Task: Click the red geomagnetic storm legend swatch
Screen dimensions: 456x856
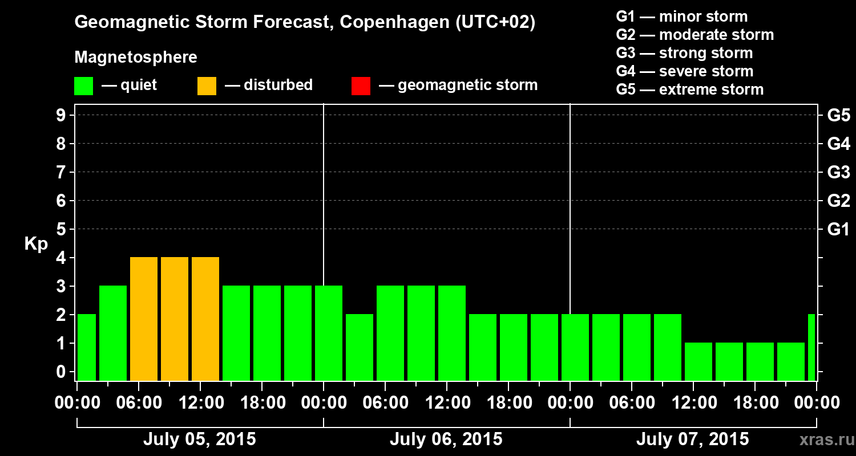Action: pyautogui.click(x=361, y=86)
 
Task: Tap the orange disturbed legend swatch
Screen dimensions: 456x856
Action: pyautogui.click(x=207, y=86)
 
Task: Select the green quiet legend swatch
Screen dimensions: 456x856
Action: pyautogui.click(x=83, y=86)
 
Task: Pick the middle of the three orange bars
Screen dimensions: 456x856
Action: pyautogui.click(x=175, y=319)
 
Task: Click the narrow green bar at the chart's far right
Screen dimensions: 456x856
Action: pyautogui.click(x=811, y=347)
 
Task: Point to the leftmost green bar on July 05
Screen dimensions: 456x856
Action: pyautogui.click(x=86, y=347)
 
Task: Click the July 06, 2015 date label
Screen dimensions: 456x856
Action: pyautogui.click(x=446, y=439)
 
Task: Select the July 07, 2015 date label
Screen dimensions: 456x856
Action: pyautogui.click(x=692, y=439)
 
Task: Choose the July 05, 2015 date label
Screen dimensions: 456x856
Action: pyautogui.click(x=199, y=439)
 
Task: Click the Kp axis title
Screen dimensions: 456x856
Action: pyautogui.click(x=35, y=244)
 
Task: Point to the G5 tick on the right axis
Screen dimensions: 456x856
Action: pyautogui.click(x=838, y=115)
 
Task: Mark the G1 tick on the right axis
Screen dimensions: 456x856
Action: pyautogui.click(x=838, y=229)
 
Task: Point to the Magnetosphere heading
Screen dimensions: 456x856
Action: pyautogui.click(x=136, y=58)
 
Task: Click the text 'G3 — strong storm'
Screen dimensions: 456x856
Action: pyautogui.click(x=684, y=53)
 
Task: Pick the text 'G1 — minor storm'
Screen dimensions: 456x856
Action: pyautogui.click(x=681, y=17)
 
